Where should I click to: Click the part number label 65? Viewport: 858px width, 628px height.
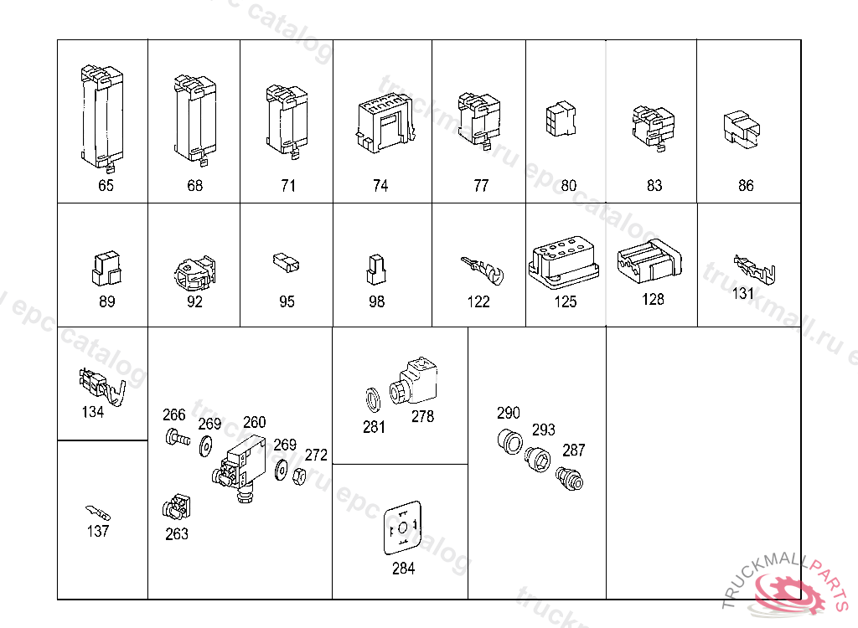(x=106, y=186)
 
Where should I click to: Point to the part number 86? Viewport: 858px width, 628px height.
(x=746, y=186)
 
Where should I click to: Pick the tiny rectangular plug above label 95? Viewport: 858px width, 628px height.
(x=286, y=263)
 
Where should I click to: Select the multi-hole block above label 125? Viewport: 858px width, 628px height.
(x=565, y=263)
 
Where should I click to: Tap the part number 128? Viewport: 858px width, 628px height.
(x=653, y=299)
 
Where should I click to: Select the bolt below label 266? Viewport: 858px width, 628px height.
(x=176, y=436)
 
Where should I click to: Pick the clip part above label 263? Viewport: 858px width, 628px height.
(x=176, y=507)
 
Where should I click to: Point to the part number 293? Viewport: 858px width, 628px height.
(x=544, y=430)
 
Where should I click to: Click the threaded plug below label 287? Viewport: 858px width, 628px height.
(x=570, y=478)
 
